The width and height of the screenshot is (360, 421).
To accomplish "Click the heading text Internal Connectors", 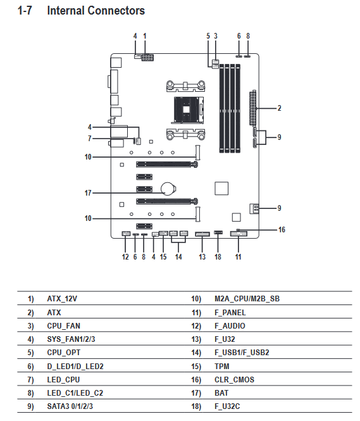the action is click(96, 11).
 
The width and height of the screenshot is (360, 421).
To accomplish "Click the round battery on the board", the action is click(168, 189).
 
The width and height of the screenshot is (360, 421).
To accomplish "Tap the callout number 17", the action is click(88, 193).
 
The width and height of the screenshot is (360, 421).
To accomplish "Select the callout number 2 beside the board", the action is click(279, 108).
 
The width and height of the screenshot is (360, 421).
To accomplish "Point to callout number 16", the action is click(282, 230).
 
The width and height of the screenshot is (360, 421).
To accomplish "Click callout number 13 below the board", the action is click(202, 257).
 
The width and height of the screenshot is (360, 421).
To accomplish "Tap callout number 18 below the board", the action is click(218, 257).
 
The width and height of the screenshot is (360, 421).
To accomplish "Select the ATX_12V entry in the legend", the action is click(62, 299).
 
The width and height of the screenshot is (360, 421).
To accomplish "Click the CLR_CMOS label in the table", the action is click(234, 380).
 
